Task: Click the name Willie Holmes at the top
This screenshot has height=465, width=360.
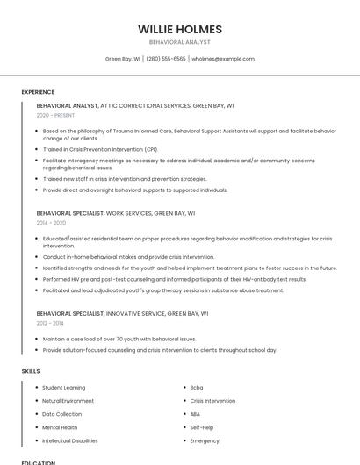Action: (x=180, y=29)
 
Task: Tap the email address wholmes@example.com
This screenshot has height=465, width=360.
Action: (x=223, y=59)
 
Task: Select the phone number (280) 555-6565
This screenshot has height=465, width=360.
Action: (x=165, y=59)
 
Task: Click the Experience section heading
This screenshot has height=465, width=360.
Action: (x=38, y=92)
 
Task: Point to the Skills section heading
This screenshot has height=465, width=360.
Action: (x=31, y=371)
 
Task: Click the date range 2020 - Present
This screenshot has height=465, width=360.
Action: (x=56, y=115)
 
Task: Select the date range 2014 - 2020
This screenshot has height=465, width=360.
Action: (x=52, y=223)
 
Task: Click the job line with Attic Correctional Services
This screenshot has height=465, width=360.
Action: (x=135, y=105)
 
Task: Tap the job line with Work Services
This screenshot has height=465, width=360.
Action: (x=116, y=213)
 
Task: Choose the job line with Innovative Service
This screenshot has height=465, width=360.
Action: (x=122, y=312)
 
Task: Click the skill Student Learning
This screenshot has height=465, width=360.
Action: (x=64, y=387)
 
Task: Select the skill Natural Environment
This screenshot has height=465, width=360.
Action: (x=68, y=401)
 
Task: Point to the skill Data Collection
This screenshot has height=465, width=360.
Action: (x=62, y=414)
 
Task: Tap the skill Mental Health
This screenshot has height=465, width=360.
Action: (x=60, y=427)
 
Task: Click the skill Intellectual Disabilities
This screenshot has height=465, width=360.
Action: (x=70, y=440)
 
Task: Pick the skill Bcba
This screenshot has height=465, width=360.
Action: (x=197, y=387)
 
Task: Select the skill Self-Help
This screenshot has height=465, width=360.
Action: (x=202, y=427)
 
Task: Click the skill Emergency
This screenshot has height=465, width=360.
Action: (x=205, y=440)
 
